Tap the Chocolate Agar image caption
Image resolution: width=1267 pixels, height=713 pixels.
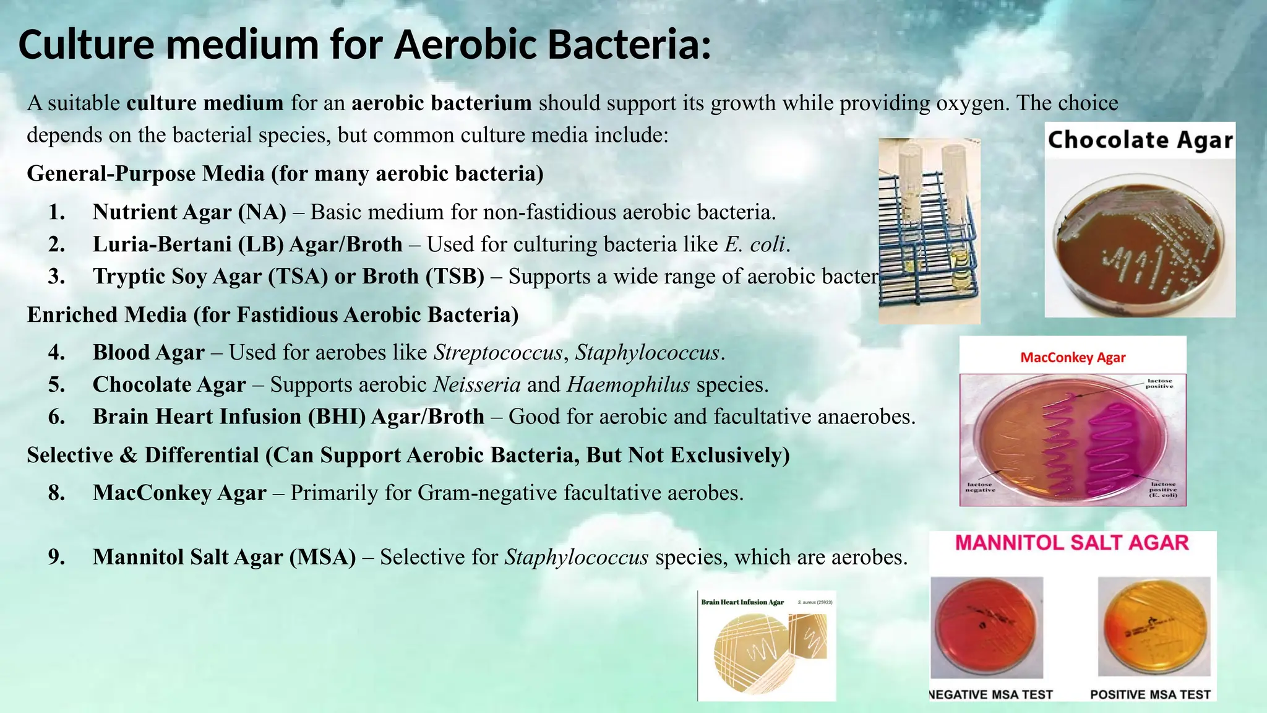click(x=1140, y=140)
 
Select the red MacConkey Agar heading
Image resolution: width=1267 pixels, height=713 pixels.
click(x=1073, y=357)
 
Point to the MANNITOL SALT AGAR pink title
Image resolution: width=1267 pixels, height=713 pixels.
click(x=1072, y=543)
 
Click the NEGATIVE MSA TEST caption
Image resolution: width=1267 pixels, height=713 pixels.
click(x=991, y=694)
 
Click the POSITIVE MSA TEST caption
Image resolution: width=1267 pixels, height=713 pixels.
click(x=1150, y=694)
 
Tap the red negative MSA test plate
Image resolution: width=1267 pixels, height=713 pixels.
click(x=987, y=626)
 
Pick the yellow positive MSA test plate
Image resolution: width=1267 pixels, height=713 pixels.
click(x=1154, y=626)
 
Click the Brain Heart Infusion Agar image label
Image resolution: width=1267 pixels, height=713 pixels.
click(x=742, y=602)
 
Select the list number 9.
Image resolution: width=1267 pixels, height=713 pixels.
click(x=57, y=557)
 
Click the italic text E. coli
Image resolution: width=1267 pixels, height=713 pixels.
click(x=755, y=244)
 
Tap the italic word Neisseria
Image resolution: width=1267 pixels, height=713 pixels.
click(x=477, y=385)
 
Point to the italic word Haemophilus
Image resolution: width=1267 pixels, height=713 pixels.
click(x=628, y=385)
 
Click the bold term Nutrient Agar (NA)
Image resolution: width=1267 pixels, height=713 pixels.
click(x=189, y=212)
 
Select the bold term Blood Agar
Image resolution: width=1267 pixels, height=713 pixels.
click(x=148, y=353)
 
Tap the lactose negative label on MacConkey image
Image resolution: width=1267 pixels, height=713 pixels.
click(x=980, y=487)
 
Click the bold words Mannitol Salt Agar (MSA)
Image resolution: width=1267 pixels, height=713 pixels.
click(x=224, y=557)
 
